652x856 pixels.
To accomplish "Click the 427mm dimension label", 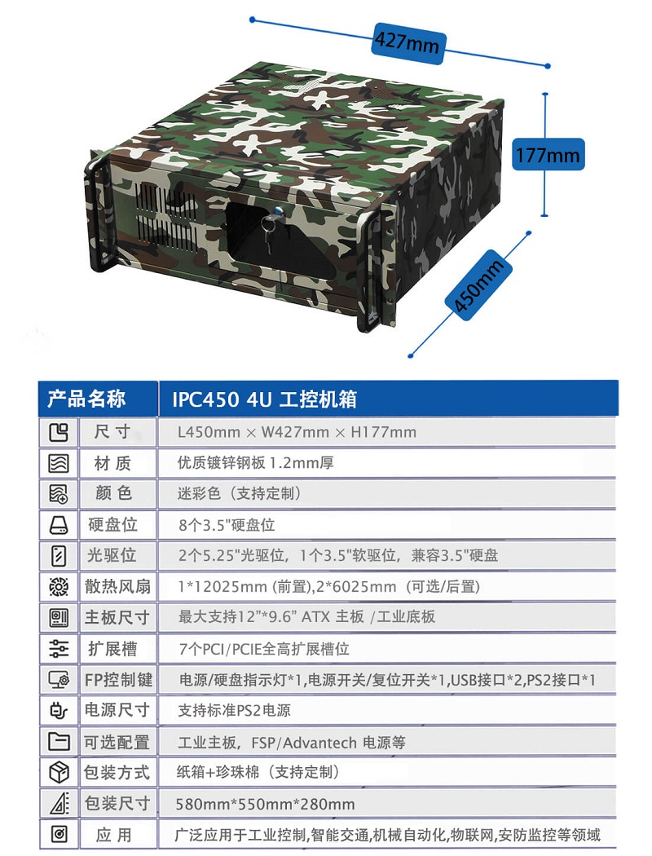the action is click(407, 42).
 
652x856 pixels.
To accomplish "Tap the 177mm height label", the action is click(548, 155).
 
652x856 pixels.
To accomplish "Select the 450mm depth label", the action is click(478, 285).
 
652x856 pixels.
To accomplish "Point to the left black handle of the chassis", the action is click(93, 213).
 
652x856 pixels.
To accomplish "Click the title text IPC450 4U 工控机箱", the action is click(264, 399).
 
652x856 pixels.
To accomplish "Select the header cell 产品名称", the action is click(86, 399).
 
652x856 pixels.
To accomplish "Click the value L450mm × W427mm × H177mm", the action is click(297, 432).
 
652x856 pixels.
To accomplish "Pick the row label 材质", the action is click(112, 463).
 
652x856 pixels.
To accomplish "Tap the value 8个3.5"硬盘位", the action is click(227, 525).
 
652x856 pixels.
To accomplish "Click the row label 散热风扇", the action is click(117, 586).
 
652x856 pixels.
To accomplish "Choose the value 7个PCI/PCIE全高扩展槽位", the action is click(264, 649).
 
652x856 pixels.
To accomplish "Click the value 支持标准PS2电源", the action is click(234, 710).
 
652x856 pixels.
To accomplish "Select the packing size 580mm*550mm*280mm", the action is click(265, 804).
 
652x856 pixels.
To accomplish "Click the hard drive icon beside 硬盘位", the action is click(59, 525).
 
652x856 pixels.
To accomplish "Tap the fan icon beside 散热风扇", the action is click(59, 587).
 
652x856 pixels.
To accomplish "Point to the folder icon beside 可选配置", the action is click(59, 741).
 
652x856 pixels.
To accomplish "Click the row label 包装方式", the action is click(117, 773).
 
